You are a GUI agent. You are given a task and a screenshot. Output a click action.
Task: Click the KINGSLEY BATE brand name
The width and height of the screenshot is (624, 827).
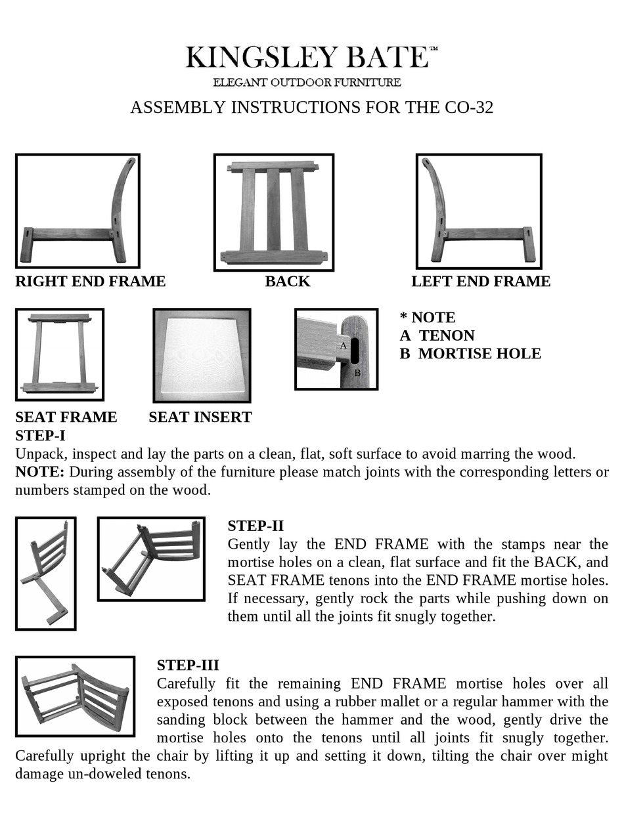pos(307,58)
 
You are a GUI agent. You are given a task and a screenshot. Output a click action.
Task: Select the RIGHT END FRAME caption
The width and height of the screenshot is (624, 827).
pos(91,282)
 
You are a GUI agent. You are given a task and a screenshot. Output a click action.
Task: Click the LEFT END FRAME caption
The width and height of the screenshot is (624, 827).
pos(481,282)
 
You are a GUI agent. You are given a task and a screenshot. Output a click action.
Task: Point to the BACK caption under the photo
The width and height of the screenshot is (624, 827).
pos(287,282)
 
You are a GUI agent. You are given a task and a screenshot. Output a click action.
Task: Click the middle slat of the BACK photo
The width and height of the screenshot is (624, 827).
pos(273,209)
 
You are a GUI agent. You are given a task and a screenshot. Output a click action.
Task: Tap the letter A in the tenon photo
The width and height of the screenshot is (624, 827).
pos(343,345)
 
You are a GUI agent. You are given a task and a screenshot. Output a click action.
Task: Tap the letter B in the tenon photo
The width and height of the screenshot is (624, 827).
pos(358,373)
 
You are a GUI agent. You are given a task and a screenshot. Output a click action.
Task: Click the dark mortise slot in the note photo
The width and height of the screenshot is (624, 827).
pos(354,350)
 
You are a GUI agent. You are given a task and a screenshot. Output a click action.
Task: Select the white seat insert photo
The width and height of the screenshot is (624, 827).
pos(202,355)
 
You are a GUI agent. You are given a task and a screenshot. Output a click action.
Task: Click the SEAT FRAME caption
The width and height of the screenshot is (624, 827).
pos(66,417)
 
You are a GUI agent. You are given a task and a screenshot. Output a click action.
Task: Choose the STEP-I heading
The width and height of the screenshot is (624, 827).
pos(40,436)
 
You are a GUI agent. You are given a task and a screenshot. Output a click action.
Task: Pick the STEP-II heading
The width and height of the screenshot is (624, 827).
pos(256,526)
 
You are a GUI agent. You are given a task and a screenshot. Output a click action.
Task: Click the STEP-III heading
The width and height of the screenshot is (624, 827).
pos(188,666)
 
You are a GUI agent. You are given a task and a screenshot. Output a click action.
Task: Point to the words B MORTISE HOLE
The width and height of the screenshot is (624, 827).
pos(470,354)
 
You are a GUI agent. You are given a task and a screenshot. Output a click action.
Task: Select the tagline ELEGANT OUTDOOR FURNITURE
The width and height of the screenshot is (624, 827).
pos(307,83)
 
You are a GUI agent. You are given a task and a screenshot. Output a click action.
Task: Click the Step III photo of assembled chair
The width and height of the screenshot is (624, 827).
pos(76,696)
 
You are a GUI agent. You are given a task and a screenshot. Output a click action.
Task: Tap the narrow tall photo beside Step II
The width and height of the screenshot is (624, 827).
pos(46,573)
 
